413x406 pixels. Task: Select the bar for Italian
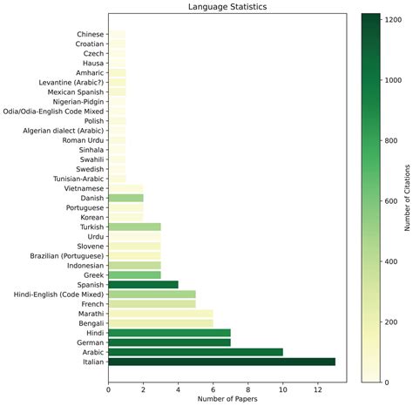pos(221,362)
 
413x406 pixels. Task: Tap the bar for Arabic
pos(195,352)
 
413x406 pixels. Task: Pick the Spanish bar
pos(143,284)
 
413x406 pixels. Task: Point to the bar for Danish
pos(125,198)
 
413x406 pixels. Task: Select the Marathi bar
pos(160,313)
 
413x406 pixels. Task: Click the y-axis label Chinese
pos(90,34)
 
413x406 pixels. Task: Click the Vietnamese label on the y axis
pos(83,188)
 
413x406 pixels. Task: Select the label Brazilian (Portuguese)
pos(63,255)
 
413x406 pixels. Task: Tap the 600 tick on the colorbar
pos(389,200)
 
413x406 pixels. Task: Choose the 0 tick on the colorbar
pos(384,381)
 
